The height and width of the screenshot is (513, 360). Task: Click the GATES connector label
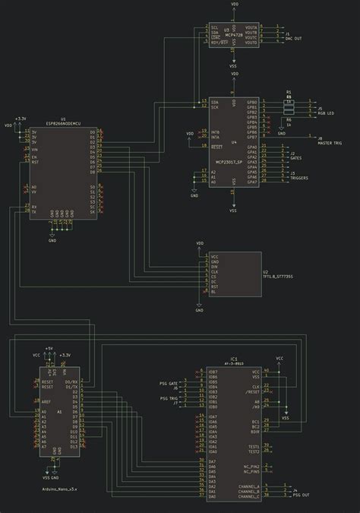296,158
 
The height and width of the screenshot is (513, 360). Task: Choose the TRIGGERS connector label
299,179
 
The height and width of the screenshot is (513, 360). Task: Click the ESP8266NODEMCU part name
64,123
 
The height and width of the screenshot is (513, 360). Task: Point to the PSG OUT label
301,495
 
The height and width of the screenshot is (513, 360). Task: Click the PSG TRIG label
168,398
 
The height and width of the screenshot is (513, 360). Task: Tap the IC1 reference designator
234,358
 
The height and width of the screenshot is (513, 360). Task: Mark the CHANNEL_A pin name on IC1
248,486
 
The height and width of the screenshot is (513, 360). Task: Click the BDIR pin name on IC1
256,431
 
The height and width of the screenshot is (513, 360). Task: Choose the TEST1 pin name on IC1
254,445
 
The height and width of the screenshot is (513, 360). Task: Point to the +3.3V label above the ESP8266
21,119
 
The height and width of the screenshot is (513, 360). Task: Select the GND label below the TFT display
198,311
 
